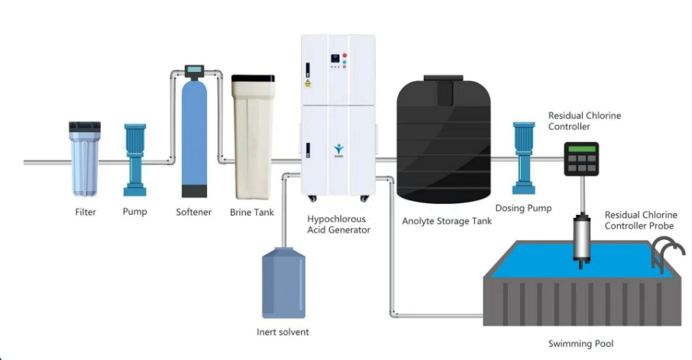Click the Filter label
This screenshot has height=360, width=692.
click(x=86, y=212)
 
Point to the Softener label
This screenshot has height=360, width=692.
click(x=193, y=212)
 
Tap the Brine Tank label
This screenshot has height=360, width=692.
click(x=252, y=212)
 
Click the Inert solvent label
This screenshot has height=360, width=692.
click(x=283, y=332)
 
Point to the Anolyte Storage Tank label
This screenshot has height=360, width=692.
click(x=448, y=222)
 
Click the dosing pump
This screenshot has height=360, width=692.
click(x=525, y=157)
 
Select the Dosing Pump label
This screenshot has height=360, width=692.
click(x=523, y=208)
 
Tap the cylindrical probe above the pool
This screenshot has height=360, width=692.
click(x=582, y=238)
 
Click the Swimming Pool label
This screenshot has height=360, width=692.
click(x=581, y=343)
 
